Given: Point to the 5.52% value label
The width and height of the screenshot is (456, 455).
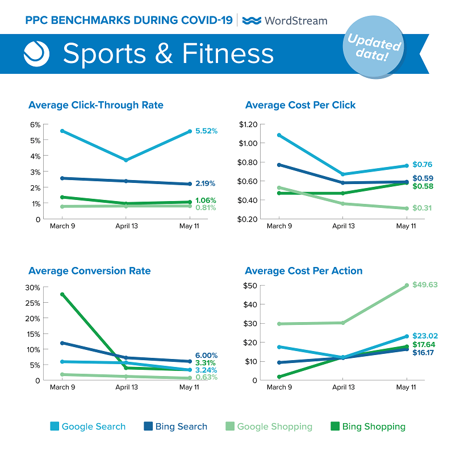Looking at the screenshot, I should point(206,131).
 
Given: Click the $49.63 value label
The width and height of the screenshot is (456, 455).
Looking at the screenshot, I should point(425,285).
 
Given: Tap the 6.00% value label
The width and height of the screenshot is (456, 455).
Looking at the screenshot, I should point(206,356).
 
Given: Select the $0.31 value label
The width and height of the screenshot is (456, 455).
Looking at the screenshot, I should point(422,208).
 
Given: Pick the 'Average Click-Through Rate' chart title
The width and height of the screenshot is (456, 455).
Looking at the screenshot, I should point(96,105).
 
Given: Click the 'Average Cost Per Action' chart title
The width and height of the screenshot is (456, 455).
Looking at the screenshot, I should point(304,271).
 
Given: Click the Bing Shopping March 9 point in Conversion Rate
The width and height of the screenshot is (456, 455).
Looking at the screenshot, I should point(62,294).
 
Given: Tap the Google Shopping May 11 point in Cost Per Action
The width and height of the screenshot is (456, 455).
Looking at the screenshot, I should point(407,285).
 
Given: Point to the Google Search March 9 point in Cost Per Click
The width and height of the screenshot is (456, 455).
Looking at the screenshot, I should point(278,135).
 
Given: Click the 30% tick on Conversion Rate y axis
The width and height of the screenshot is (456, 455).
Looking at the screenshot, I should point(32,287).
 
